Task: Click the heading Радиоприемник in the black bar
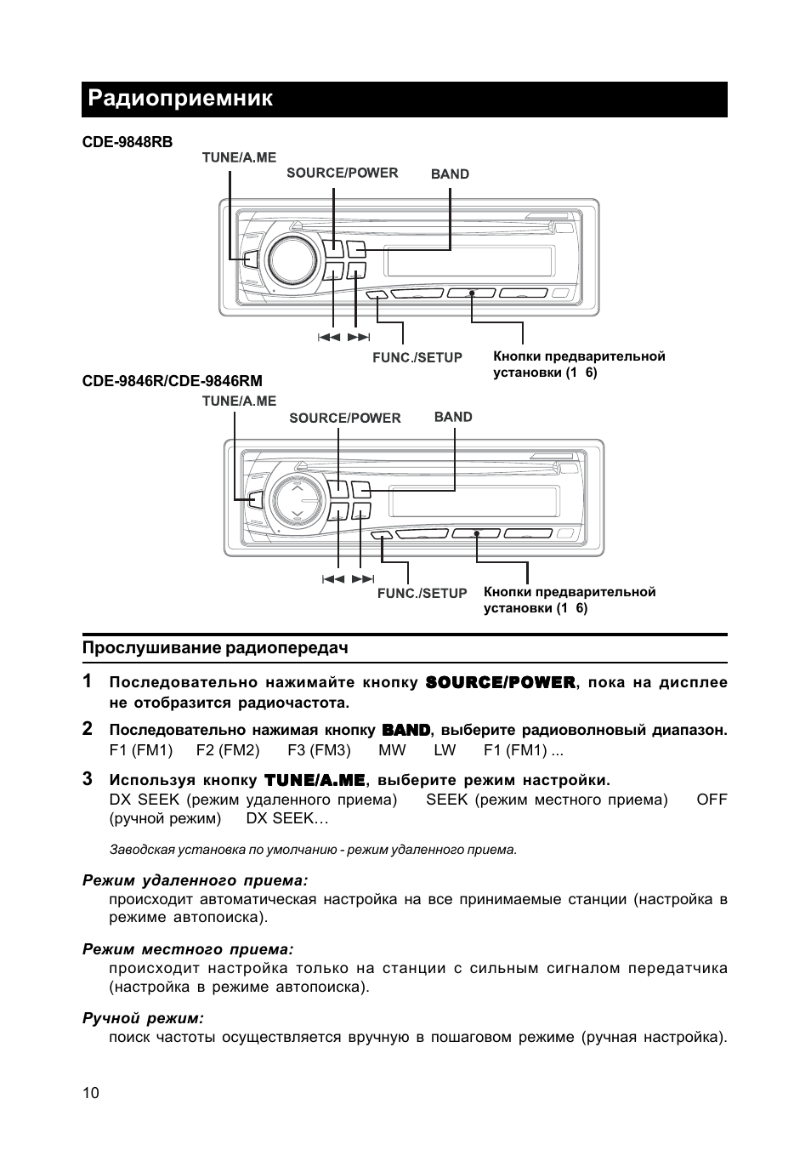[x=180, y=99]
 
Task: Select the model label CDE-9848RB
[x=127, y=142]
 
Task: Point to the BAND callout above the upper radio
[x=450, y=174]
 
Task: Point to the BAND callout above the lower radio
[x=453, y=417]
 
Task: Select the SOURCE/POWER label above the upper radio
[x=342, y=173]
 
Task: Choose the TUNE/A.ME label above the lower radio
[x=239, y=401]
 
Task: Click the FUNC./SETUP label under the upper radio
[x=417, y=358]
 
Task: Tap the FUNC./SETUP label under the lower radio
[x=422, y=594]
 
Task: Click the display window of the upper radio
[x=469, y=261]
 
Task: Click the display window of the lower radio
[x=474, y=503]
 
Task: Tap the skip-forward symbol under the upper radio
[x=359, y=338]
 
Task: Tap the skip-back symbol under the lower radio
[x=332, y=579]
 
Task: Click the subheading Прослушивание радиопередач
[x=215, y=647]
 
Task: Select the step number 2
[x=88, y=729]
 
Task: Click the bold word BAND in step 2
[x=406, y=730]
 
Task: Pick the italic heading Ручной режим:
[x=143, y=1018]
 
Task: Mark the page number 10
[x=91, y=1093]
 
